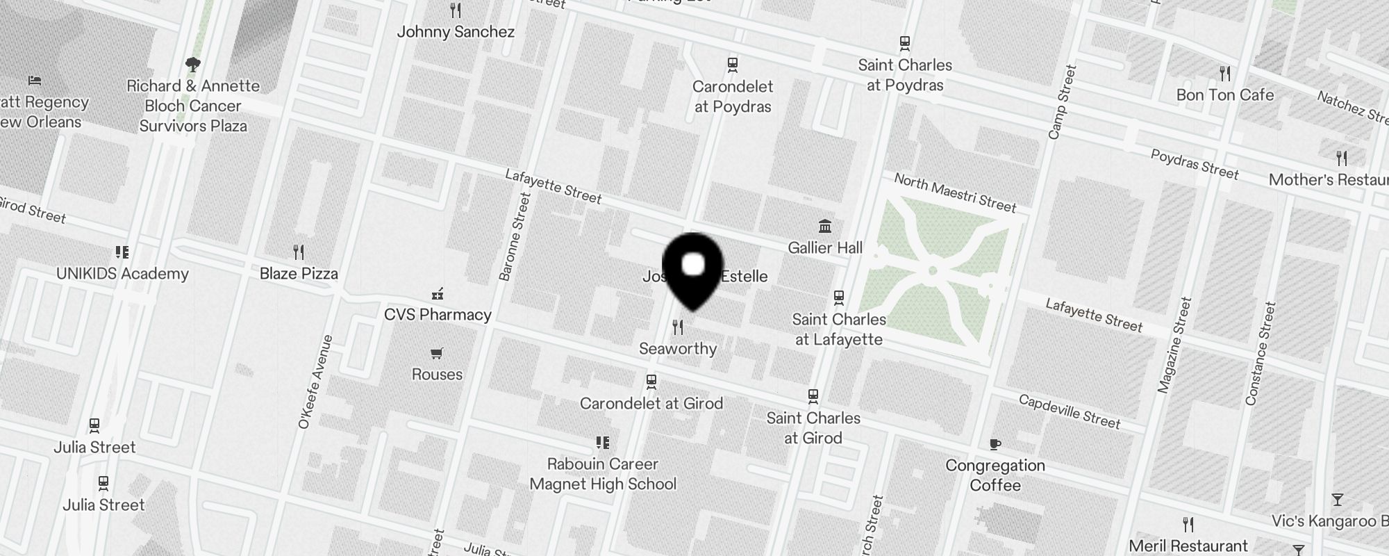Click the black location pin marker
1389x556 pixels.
(693, 269)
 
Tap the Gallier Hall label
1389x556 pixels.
(825, 248)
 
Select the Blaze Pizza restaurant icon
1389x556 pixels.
(299, 252)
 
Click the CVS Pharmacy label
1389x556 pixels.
(438, 315)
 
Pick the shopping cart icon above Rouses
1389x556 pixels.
(437, 354)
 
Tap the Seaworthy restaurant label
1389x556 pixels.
(678, 349)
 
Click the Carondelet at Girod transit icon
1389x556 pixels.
(651, 382)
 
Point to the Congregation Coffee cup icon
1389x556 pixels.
(995, 444)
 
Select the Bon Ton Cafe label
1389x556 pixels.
(1225, 95)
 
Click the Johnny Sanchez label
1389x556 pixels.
(456, 32)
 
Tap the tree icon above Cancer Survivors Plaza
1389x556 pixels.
(193, 65)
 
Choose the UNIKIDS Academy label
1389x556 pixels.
(122, 274)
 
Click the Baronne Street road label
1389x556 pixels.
(515, 237)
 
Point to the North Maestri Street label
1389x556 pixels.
(955, 193)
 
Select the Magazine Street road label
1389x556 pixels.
(1174, 345)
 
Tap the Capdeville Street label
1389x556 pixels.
(1070, 411)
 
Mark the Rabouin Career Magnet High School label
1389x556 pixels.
(603, 474)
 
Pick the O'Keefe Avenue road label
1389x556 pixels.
(315, 382)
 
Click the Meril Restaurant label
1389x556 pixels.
(1188, 546)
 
